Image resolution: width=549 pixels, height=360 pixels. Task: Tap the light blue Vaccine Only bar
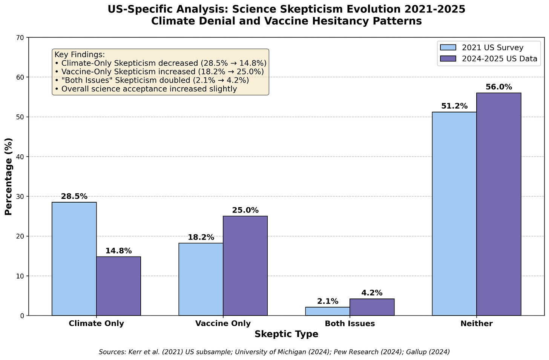click(x=201, y=279)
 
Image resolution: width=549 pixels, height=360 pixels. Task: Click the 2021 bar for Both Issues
click(x=327, y=311)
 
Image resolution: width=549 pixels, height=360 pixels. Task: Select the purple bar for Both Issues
click(x=372, y=307)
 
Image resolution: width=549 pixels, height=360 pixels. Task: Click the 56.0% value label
click(x=498, y=87)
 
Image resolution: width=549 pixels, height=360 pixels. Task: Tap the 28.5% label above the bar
click(x=74, y=197)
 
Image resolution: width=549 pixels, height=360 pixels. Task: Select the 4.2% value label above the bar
click(x=372, y=293)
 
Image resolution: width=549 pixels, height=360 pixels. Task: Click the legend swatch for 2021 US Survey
click(x=448, y=48)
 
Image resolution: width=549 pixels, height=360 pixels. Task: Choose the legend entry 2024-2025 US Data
click(x=499, y=58)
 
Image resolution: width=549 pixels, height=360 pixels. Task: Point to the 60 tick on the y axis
click(x=20, y=77)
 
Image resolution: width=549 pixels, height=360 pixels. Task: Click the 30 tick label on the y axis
click(x=20, y=197)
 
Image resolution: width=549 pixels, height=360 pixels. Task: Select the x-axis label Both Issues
click(x=350, y=323)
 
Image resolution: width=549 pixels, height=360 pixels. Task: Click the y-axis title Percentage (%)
click(x=8, y=177)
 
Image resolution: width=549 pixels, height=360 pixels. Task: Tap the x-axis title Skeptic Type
click(x=286, y=334)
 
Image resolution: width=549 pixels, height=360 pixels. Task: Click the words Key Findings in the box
click(x=80, y=55)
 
